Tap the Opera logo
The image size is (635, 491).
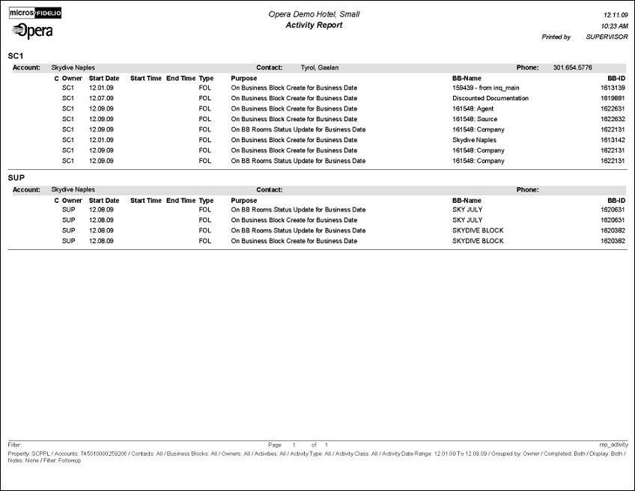click(x=33, y=31)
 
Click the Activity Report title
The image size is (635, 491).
click(x=314, y=25)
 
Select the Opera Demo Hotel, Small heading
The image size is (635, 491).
click(x=314, y=14)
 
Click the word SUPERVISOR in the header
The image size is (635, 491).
click(x=607, y=37)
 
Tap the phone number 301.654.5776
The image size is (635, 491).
click(x=572, y=67)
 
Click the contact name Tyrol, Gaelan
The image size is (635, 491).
click(x=320, y=67)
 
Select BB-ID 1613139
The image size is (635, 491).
click(x=612, y=88)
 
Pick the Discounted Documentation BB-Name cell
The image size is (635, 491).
click(x=490, y=98)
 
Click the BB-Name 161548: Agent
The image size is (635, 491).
click(x=473, y=109)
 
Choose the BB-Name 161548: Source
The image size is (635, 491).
click(x=475, y=119)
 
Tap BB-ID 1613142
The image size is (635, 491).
click(x=612, y=140)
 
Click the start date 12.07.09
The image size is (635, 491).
click(x=101, y=98)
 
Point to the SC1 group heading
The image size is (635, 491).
click(x=16, y=56)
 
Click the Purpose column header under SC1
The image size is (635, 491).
click(x=243, y=78)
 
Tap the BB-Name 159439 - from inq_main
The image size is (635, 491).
click(x=486, y=88)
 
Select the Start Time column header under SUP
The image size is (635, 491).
click(x=145, y=201)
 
